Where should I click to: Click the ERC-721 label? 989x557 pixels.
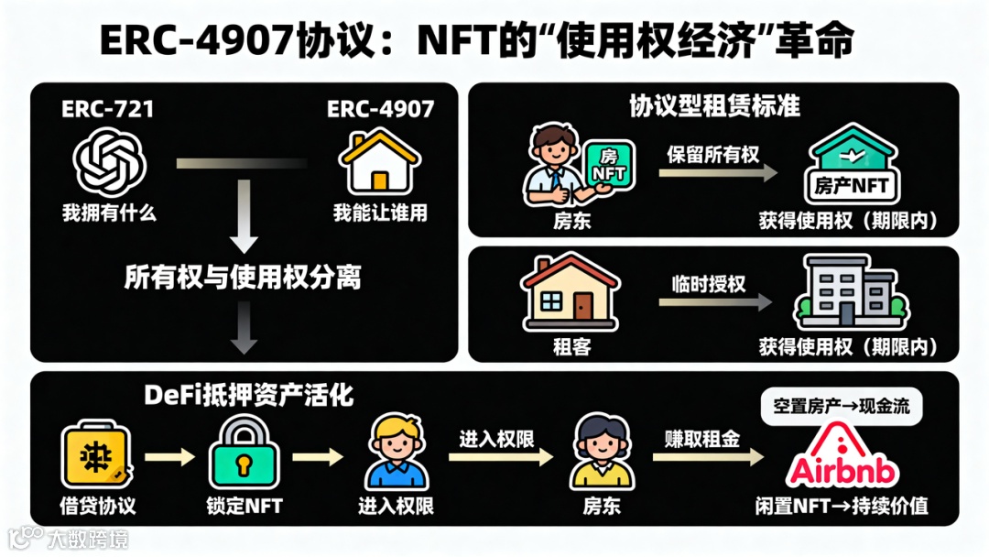tap(107, 109)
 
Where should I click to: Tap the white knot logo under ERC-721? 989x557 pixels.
tap(110, 161)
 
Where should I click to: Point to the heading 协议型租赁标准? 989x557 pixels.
tap(714, 106)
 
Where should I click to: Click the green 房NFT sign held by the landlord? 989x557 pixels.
tap(608, 166)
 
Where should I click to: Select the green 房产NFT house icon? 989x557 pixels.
tap(851, 167)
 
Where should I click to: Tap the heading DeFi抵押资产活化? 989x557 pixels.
tap(249, 395)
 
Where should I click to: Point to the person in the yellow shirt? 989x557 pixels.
tap(600, 454)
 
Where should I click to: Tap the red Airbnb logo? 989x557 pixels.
tap(842, 458)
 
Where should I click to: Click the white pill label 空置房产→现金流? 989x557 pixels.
tap(842, 407)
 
